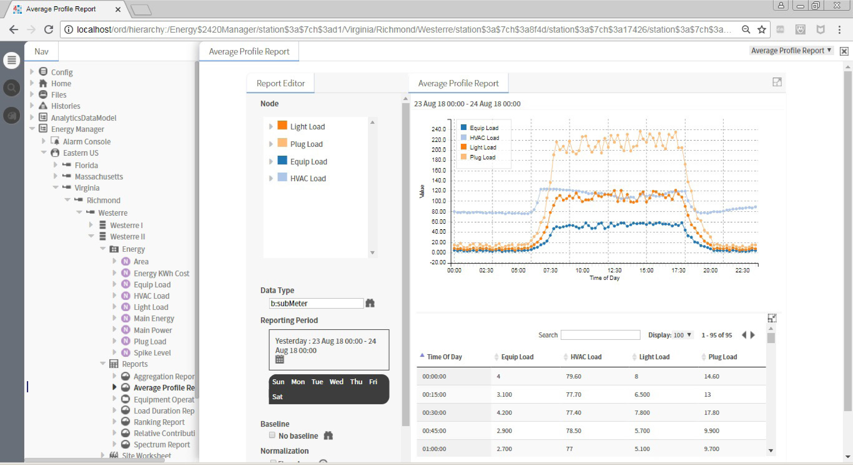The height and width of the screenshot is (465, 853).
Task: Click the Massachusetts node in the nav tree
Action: coord(99,177)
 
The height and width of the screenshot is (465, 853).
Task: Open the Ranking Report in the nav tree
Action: coord(159,422)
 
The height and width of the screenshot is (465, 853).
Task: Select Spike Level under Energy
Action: coord(152,353)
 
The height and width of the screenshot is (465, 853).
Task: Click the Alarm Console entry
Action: coord(87,141)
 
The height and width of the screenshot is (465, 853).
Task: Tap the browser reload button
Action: coord(49,30)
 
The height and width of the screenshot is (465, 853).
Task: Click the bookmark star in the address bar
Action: coord(762,30)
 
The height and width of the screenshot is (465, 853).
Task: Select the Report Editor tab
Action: coord(280,83)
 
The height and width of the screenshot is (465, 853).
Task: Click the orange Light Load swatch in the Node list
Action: coord(282,125)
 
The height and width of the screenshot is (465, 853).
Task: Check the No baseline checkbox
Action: coord(272,435)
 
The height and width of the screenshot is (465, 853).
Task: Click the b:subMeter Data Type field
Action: coord(316,303)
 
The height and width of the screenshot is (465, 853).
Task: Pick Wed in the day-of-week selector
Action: coord(336,382)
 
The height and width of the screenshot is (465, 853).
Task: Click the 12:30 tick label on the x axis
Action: coord(614,270)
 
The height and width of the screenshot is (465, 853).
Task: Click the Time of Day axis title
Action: coord(604,278)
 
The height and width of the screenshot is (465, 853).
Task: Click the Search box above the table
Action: coord(600,335)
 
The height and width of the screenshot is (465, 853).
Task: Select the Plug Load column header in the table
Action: coord(723,357)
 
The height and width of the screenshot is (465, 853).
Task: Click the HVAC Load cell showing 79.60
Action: coord(574,376)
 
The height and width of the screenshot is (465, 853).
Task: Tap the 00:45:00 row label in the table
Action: coord(434,431)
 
